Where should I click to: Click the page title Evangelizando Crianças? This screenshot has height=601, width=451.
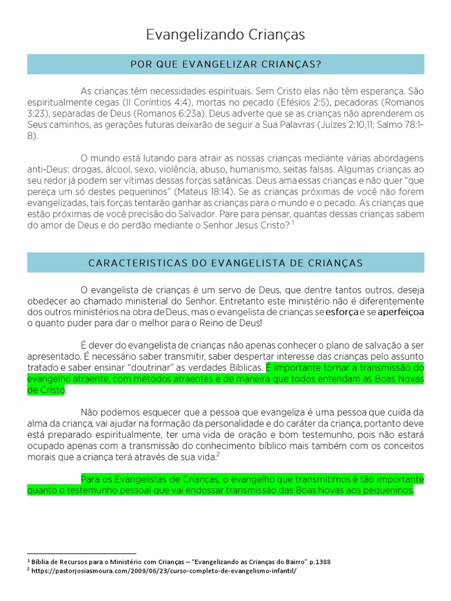(225, 35)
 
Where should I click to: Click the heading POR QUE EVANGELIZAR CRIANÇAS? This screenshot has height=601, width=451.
(225, 64)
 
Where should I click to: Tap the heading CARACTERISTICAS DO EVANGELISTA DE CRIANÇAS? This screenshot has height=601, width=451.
(225, 262)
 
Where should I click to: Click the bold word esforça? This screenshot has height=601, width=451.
(342, 312)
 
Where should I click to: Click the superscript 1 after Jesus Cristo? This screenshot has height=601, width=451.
(292, 223)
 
